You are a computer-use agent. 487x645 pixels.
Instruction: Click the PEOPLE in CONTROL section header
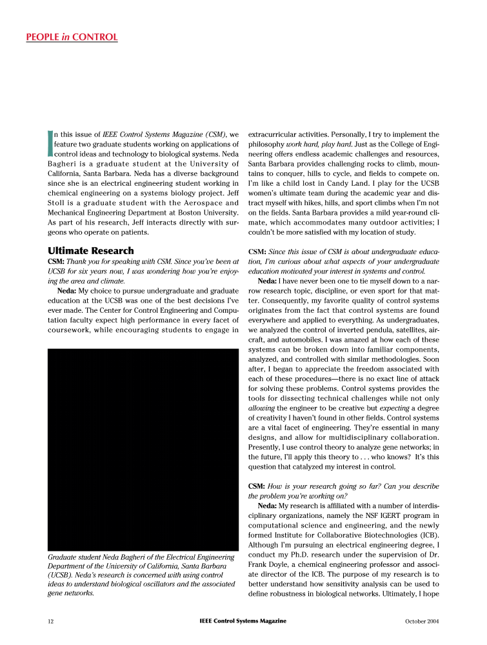click(x=72, y=37)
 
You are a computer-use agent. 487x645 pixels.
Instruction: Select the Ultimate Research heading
click(x=91, y=251)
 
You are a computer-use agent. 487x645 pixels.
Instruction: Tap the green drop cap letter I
click(x=50, y=144)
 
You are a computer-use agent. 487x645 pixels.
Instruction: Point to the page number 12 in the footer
click(x=50, y=621)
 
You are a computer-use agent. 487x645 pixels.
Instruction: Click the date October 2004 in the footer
click(x=422, y=621)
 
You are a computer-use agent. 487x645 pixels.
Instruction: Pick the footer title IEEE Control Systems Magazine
click(x=243, y=621)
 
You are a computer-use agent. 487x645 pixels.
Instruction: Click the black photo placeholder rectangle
click(x=144, y=449)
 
